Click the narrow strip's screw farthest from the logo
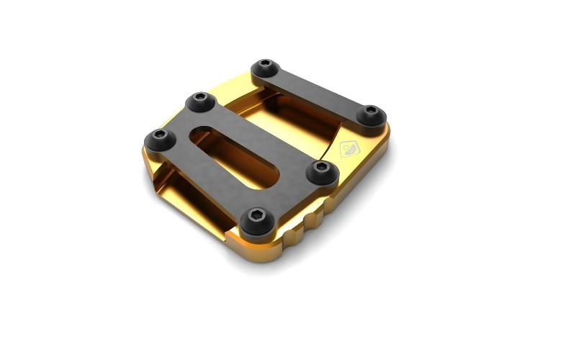point(266,68)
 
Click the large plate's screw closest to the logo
point(322,170)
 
